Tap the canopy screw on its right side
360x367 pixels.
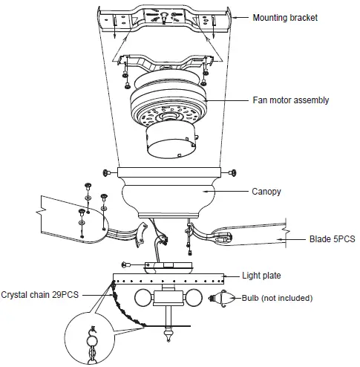click(234, 172)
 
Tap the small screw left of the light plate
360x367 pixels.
click(127, 264)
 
